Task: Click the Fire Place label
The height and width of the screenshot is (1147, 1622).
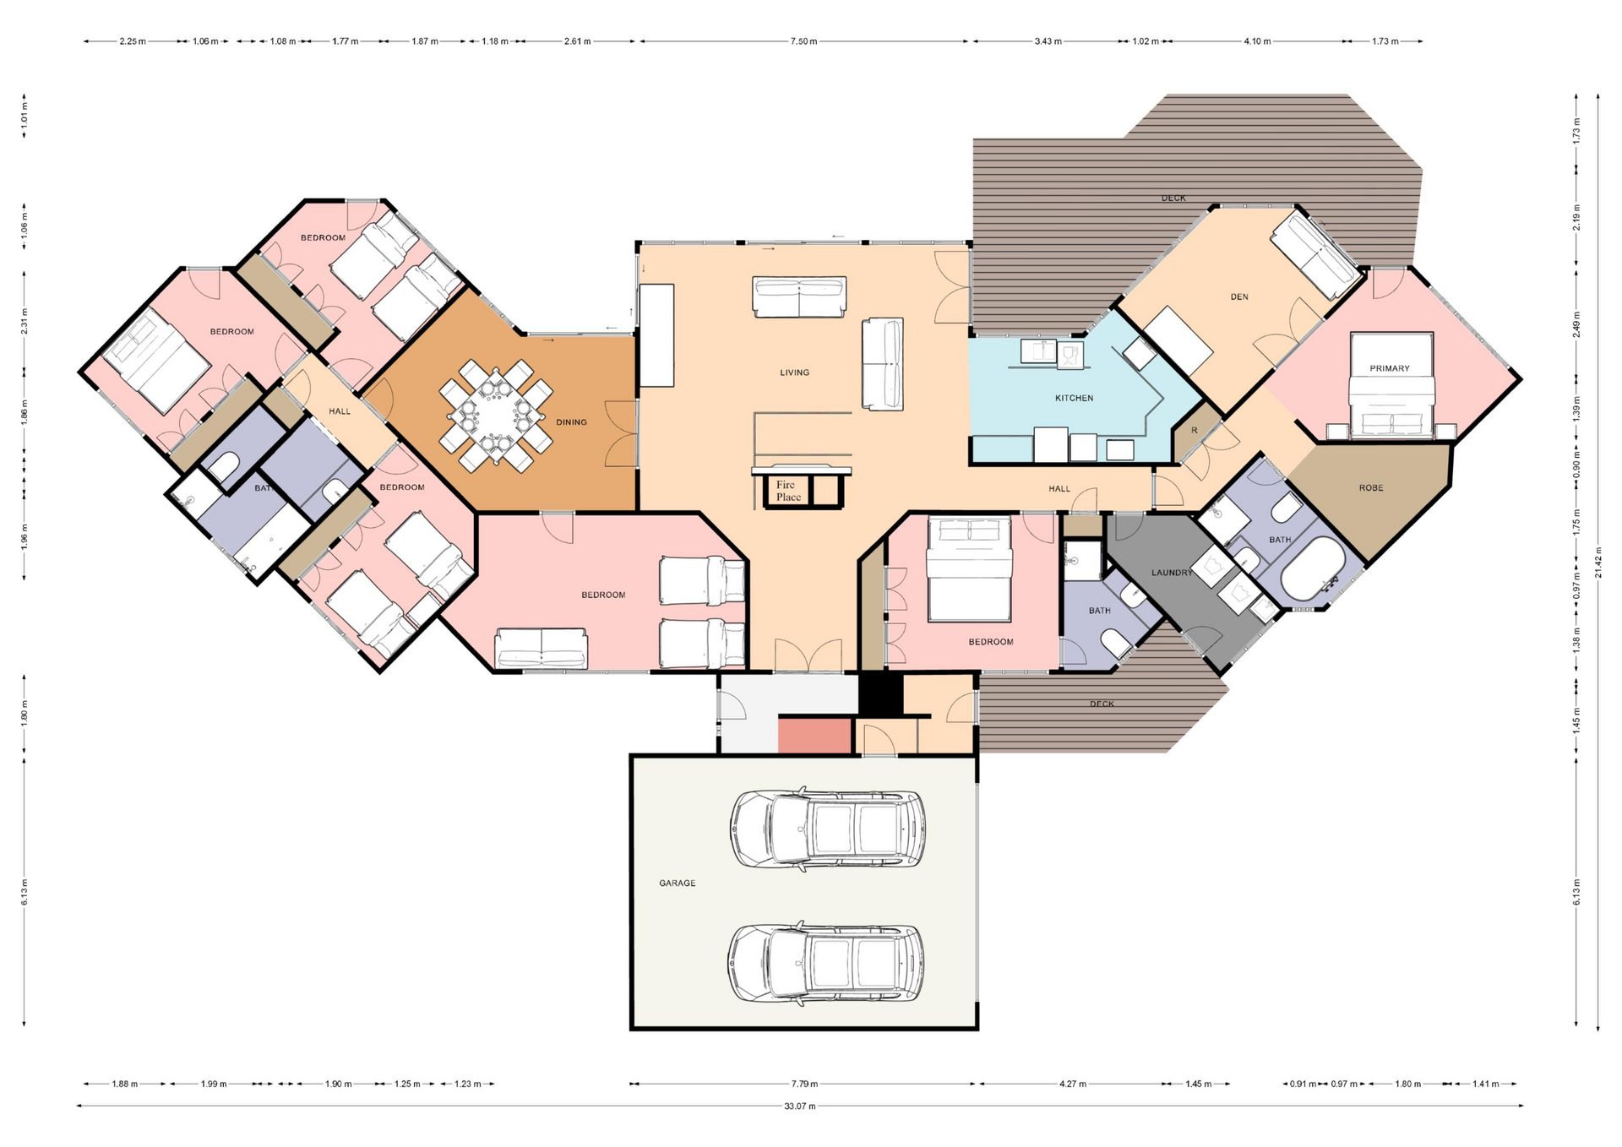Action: pos(788,491)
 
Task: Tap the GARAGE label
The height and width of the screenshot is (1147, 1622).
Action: pos(678,883)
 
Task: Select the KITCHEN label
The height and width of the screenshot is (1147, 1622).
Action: pos(1074,398)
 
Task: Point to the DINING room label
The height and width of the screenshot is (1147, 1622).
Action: pos(571,422)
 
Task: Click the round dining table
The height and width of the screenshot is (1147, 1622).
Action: pos(496,416)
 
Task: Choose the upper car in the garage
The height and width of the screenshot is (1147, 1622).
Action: pos(827,829)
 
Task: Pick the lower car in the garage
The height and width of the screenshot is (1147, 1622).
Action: pos(825,963)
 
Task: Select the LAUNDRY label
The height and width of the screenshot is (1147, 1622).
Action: pos(1172,573)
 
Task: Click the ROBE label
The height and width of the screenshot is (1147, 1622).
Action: pos(1371,488)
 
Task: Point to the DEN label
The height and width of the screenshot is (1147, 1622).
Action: pos(1239,297)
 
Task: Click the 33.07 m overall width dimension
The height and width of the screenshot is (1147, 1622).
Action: pos(800,1106)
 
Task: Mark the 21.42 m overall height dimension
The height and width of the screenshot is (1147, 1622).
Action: pos(1598,562)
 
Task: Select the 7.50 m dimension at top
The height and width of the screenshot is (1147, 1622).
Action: pos(803,41)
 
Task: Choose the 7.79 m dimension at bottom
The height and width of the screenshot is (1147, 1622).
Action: pos(803,1084)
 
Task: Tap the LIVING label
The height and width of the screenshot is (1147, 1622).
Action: pos(794,372)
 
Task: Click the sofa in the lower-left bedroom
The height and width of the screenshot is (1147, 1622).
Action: pos(541,649)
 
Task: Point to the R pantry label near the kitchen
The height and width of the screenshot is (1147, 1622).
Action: pos(1194,431)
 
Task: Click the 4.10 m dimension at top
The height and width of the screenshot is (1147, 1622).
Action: pos(1257,41)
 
